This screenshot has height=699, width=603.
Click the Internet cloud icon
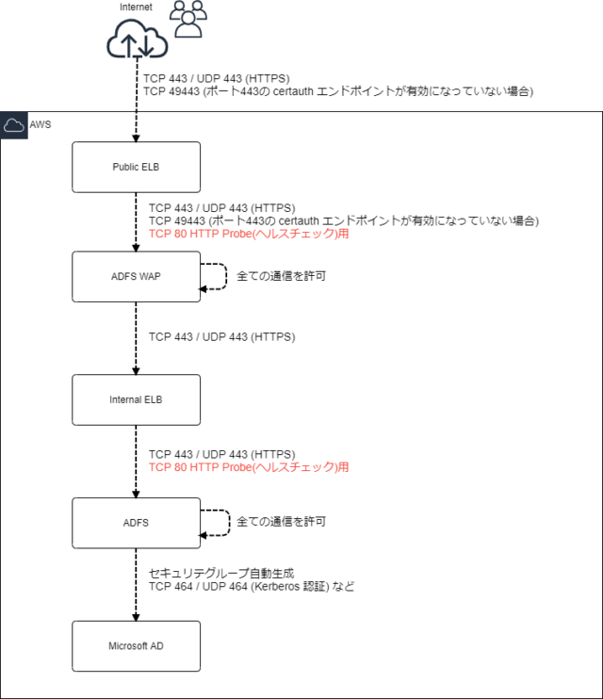pyautogui.click(x=137, y=41)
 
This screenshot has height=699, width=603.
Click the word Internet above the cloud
pyautogui.click(x=136, y=8)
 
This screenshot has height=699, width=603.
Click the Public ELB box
pyautogui.click(x=137, y=167)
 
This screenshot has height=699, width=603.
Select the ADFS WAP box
pyautogui.click(x=137, y=277)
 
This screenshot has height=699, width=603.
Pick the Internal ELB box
pyautogui.click(x=137, y=399)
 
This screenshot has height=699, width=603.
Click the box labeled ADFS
pyautogui.click(x=137, y=521)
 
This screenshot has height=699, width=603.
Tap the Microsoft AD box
pyautogui.click(x=137, y=645)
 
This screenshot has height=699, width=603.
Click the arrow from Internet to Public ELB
pyautogui.click(x=137, y=104)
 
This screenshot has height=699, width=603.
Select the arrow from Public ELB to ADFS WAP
pyautogui.click(x=137, y=221)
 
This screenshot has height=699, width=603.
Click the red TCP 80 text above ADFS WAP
pyautogui.click(x=249, y=235)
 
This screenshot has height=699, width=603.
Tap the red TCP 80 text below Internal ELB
pyautogui.click(x=249, y=467)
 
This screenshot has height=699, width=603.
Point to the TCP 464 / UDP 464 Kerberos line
pyautogui.click(x=251, y=586)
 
